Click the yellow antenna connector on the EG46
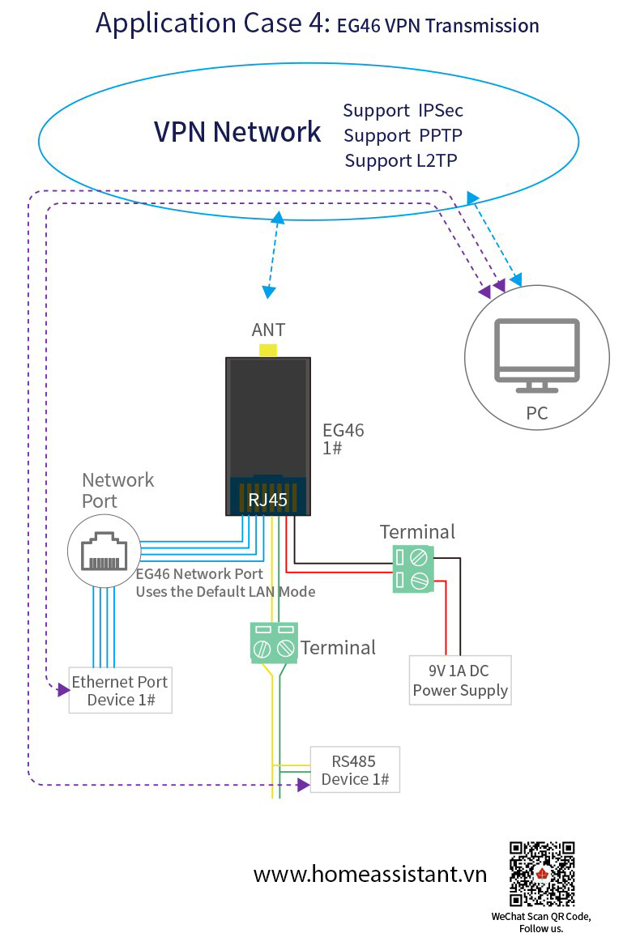pos(268,350)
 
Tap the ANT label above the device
pos(268,330)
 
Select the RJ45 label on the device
pos(268,500)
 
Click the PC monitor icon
pos(537,356)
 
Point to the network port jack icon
pos(105,552)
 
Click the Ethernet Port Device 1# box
pos(121,691)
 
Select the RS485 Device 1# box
pos(355,769)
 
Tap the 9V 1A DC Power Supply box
pos(461,680)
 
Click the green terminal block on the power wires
pos(413,569)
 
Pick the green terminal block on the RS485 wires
pos(274,643)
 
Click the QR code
pos(542,874)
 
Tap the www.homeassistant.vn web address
pos(370,874)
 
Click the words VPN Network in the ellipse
pos(237,132)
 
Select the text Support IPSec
pos(403,110)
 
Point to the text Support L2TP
pos(401,160)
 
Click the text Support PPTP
pos(403,135)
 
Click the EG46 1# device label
pos(343,439)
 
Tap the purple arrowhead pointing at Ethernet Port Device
pos(64,689)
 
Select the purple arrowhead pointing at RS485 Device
pos(304,786)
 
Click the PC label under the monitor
pos(537,413)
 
